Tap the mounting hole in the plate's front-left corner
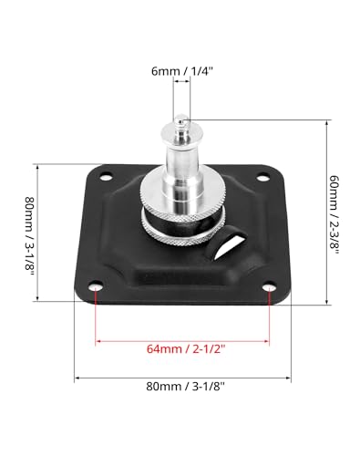coord(96,291)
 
